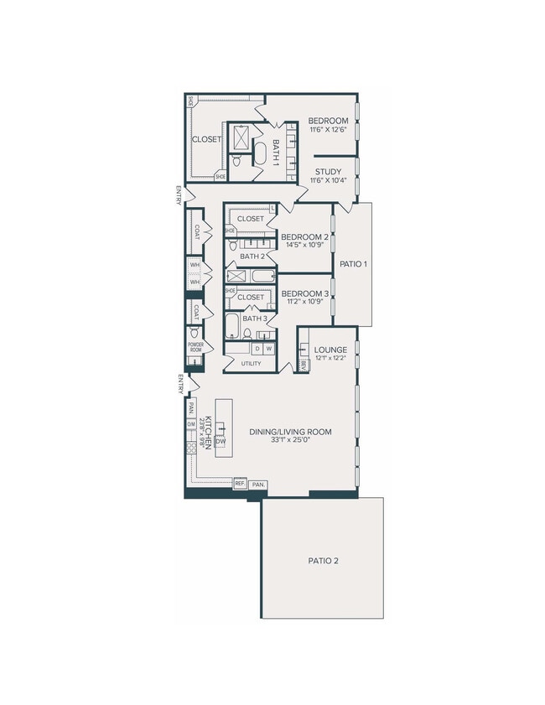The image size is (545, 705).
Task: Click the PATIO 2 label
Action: pyautogui.click(x=323, y=561)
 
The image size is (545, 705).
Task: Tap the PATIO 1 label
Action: pyautogui.click(x=354, y=264)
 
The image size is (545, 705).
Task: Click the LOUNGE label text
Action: pyautogui.click(x=324, y=350)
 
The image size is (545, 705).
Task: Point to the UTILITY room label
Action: pyautogui.click(x=251, y=364)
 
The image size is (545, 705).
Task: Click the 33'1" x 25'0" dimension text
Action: pyautogui.click(x=290, y=441)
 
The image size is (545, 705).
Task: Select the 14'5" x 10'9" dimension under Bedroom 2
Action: pyautogui.click(x=304, y=246)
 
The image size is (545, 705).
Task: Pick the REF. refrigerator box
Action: pyautogui.click(x=240, y=484)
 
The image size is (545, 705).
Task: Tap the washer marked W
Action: pyautogui.click(x=268, y=348)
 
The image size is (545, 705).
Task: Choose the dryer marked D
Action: pyautogui.click(x=257, y=348)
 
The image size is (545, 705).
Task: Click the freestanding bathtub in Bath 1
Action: pyautogui.click(x=260, y=155)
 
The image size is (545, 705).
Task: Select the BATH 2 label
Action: pyautogui.click(x=252, y=257)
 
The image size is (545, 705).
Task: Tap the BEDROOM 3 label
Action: pyautogui.click(x=304, y=293)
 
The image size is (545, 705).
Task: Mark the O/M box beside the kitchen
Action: pyautogui.click(x=191, y=424)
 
